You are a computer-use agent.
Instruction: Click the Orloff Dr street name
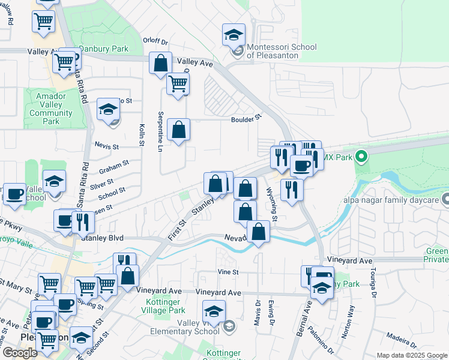tap(155, 41)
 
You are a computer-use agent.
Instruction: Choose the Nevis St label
tap(107, 146)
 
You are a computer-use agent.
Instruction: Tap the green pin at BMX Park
tap(361, 157)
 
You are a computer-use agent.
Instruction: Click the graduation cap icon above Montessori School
tap(234, 35)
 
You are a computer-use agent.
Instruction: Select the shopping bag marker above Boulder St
tap(161, 63)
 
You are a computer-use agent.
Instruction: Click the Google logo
tap(20, 353)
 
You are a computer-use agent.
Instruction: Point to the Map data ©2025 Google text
tap(412, 355)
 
